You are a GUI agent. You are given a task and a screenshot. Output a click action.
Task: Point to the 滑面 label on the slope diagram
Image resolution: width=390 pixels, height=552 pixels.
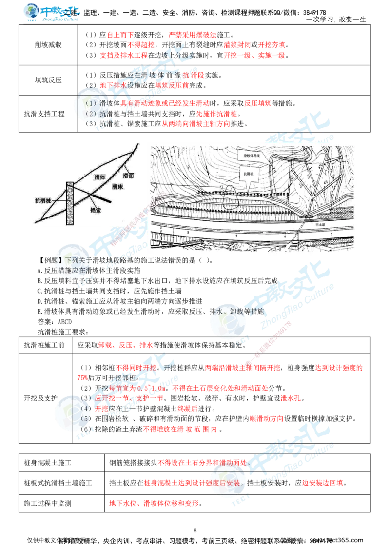click(129, 175)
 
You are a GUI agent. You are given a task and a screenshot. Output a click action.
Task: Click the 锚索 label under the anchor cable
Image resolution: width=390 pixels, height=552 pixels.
click(96, 210)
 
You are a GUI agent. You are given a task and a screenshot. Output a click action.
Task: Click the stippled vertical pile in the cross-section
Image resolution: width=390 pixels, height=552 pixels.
click(70, 204)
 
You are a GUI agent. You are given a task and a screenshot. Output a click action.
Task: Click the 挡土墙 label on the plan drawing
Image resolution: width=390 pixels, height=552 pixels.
click(315, 225)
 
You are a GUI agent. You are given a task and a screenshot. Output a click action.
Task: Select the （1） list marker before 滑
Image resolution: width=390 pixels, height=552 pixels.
click(91, 103)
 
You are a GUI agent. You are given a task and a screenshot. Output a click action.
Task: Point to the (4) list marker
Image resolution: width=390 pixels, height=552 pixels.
click(85, 409)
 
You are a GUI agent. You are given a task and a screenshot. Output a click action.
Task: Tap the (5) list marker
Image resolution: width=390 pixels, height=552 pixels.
click(85, 419)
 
